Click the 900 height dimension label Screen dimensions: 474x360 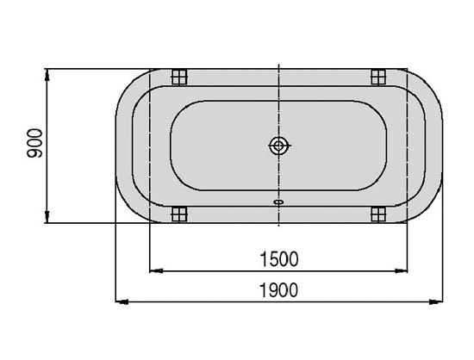pos(34,144)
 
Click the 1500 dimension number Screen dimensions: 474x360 pos(279,259)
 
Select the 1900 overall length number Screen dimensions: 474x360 pos(278,289)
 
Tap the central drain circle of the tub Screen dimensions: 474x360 pos(278,146)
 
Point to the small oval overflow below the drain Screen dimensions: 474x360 pos(278,202)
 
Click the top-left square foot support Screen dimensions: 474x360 pos(179,77)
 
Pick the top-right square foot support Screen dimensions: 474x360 pos(378,77)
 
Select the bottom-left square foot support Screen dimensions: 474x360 pos(179,214)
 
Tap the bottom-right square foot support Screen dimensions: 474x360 pos(378,214)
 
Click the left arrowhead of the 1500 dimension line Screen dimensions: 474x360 pos(156,270)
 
